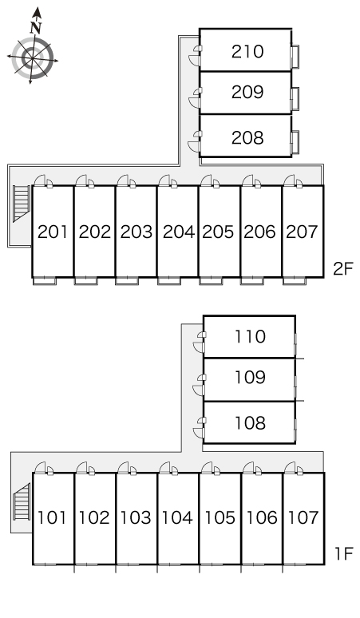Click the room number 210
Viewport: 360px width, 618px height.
click(247, 52)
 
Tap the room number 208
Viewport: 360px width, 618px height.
click(247, 137)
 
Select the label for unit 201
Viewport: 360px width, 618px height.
click(53, 232)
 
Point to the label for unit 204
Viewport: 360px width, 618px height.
click(179, 232)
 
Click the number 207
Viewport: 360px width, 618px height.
click(302, 232)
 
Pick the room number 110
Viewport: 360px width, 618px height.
click(250, 337)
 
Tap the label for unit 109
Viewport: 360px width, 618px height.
click(250, 377)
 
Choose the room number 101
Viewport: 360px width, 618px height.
click(52, 517)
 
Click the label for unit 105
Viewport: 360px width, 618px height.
click(220, 517)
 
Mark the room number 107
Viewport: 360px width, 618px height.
click(303, 517)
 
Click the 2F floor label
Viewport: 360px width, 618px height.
click(342, 269)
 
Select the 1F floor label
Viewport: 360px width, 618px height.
click(343, 554)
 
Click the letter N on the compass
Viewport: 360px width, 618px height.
click(36, 28)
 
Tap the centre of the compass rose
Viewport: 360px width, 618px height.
click(32, 58)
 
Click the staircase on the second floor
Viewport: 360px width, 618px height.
click(22, 204)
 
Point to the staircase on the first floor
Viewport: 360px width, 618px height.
click(22, 501)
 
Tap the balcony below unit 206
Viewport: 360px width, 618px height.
click(252, 281)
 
